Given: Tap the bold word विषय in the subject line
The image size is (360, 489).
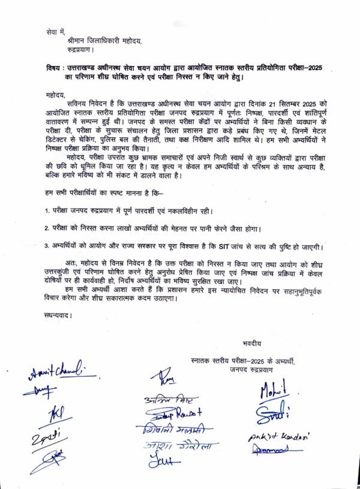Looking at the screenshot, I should click(54, 68).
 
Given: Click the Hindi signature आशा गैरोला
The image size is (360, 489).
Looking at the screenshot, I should click(179, 446).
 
